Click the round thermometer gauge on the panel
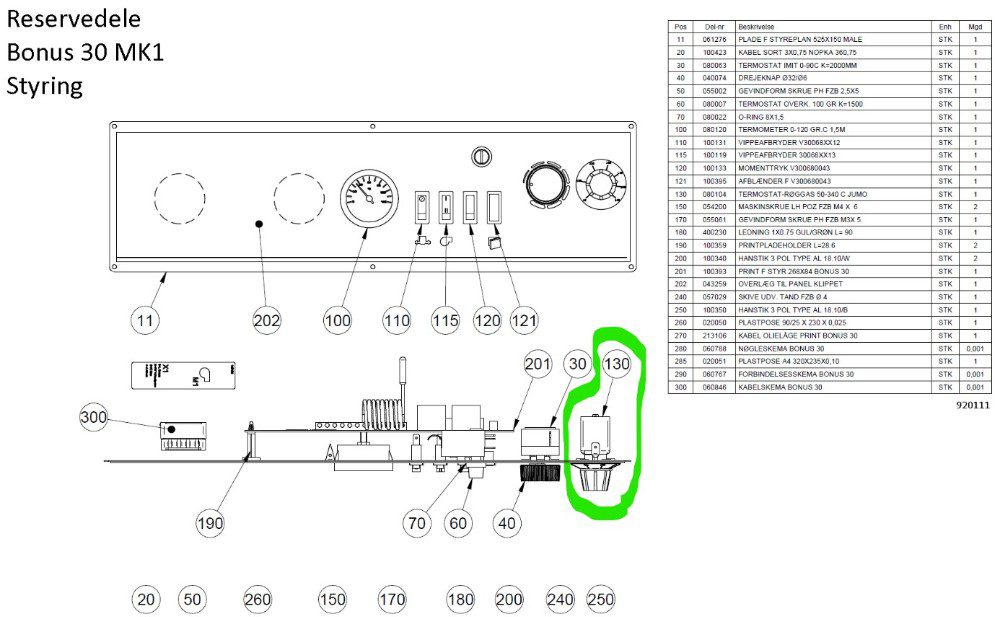coord(369,195)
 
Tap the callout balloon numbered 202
coord(267,321)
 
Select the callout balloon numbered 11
coord(147,321)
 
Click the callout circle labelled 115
coord(445,321)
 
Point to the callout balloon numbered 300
coord(94,417)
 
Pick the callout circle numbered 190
coord(210,523)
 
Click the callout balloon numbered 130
coord(617,366)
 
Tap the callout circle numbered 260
coord(258,599)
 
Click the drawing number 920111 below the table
coord(971,406)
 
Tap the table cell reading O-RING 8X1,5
coord(769,116)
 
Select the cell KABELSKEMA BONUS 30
coord(780,386)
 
